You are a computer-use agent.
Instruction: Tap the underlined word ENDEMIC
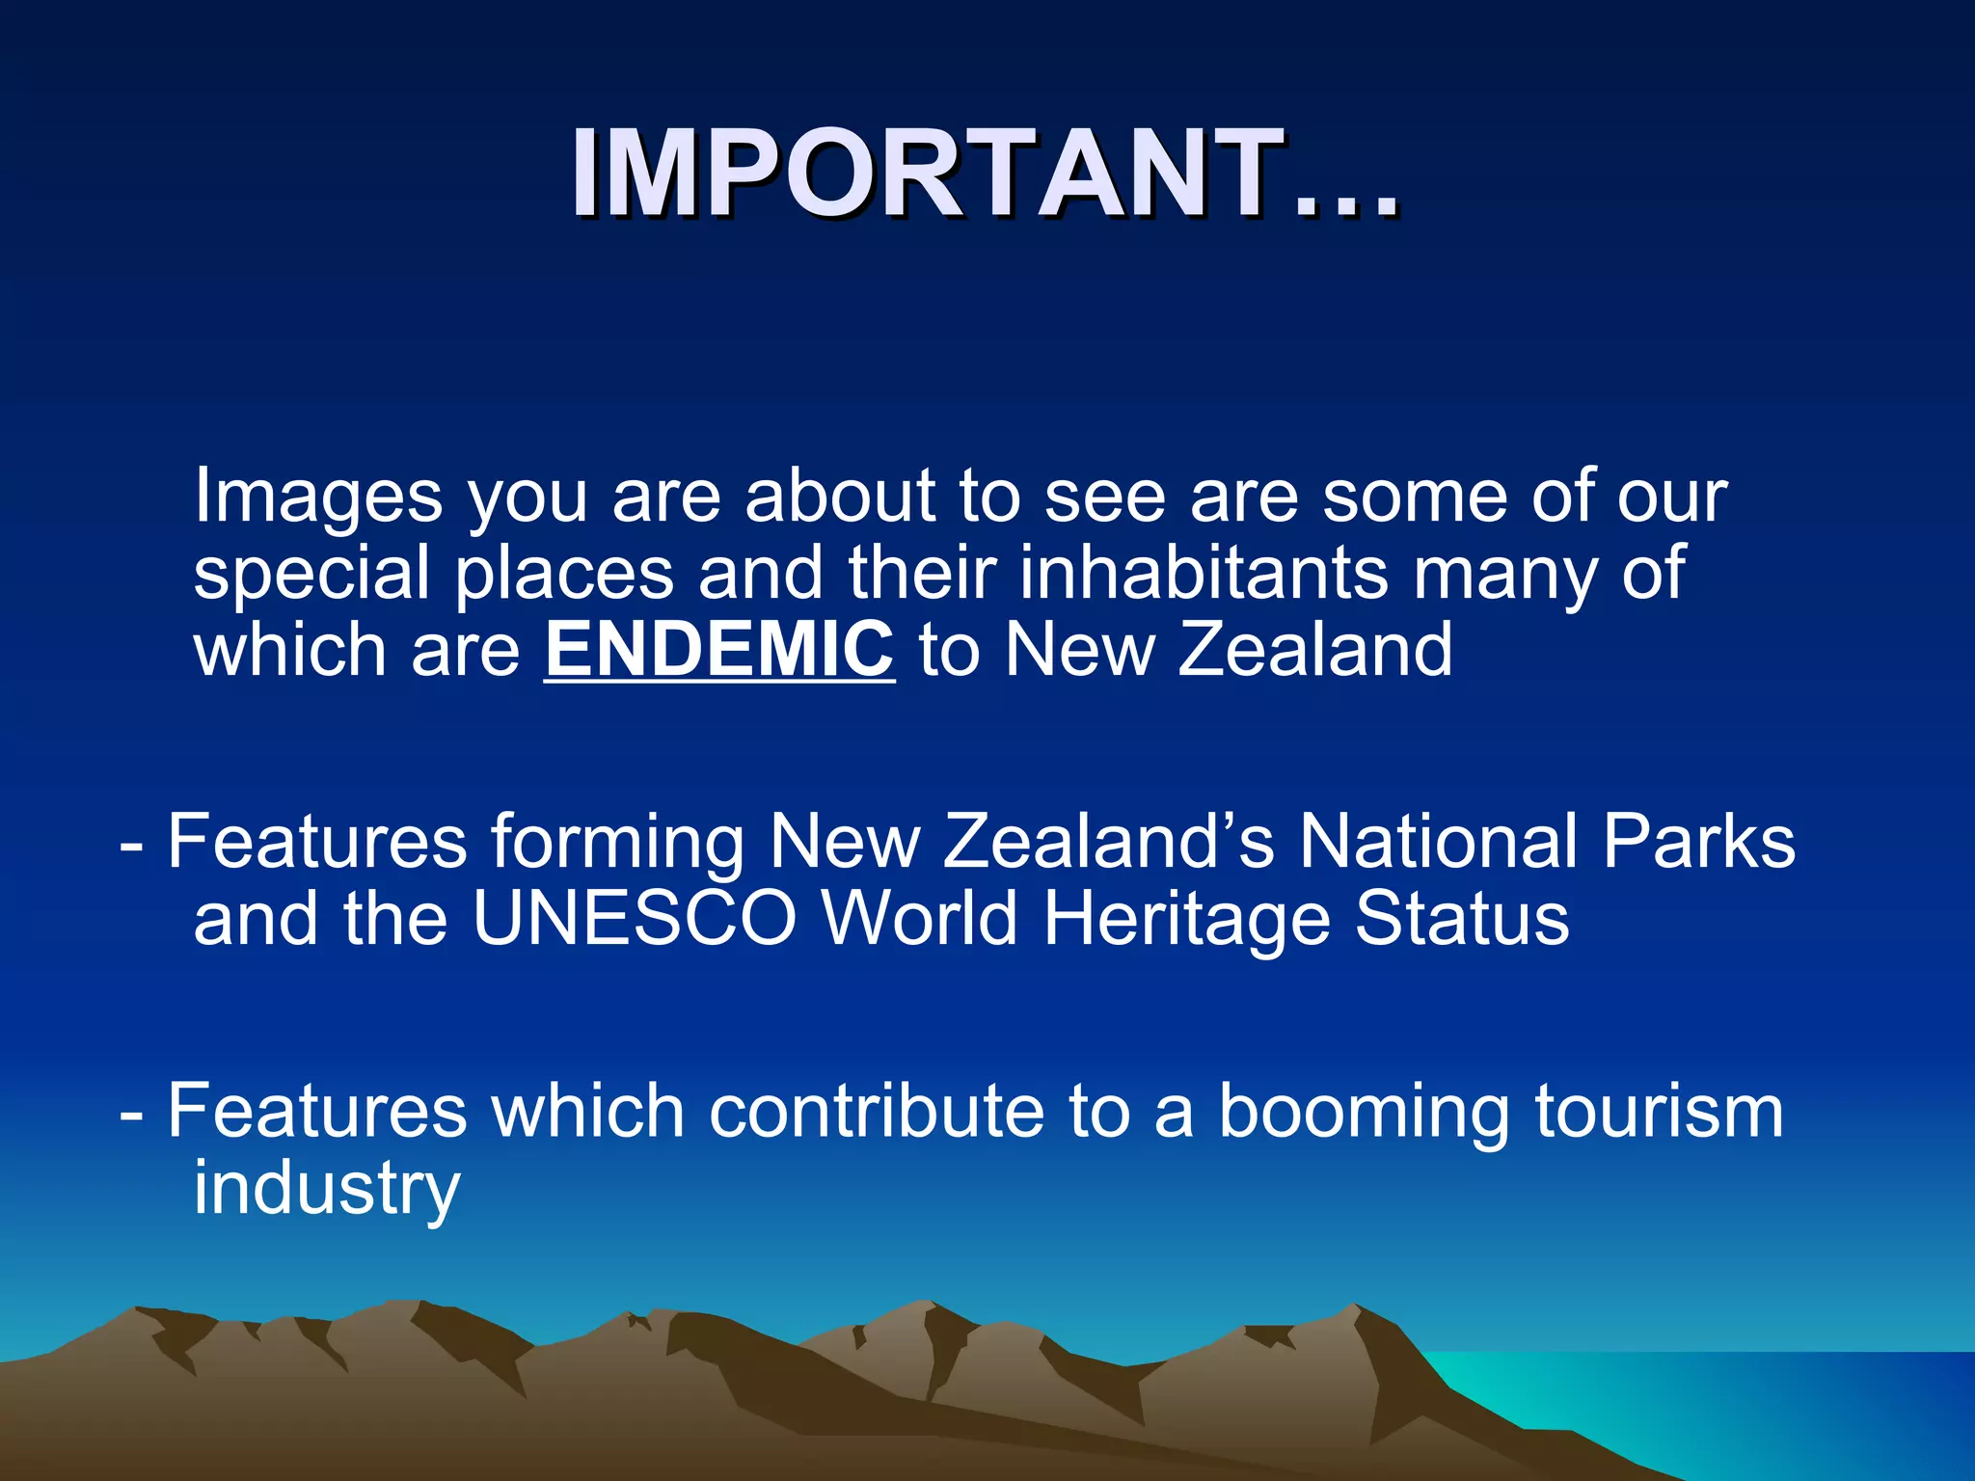click(x=719, y=650)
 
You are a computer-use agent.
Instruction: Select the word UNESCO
click(x=635, y=918)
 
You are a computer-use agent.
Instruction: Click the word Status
click(x=1462, y=918)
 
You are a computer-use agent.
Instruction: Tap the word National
click(x=1438, y=841)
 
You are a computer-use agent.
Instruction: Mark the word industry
click(x=326, y=1190)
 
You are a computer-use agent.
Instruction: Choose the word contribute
click(x=877, y=1111)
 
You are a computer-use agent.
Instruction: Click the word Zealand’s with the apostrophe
click(x=1109, y=841)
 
